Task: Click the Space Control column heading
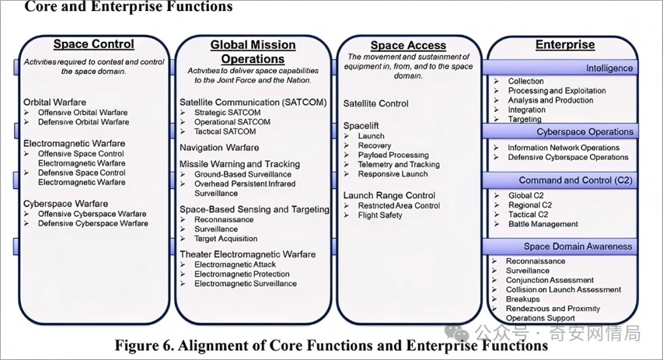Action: [x=93, y=44]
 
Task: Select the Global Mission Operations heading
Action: [x=253, y=52]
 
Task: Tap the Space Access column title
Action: [x=408, y=45]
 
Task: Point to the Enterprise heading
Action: [x=565, y=44]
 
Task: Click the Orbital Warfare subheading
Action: [x=55, y=103]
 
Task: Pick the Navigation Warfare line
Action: [x=219, y=147]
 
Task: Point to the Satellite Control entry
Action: [x=376, y=104]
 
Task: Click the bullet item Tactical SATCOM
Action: [x=225, y=131]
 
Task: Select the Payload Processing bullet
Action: [x=394, y=155]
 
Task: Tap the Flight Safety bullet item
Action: [x=380, y=215]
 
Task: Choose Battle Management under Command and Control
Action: [x=543, y=224]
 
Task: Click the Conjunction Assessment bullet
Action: [x=549, y=280]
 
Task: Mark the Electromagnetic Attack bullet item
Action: [x=235, y=264]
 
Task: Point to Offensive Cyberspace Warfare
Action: [x=92, y=214]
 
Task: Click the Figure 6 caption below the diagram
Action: [x=331, y=346]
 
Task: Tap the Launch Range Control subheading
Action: [x=389, y=195]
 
